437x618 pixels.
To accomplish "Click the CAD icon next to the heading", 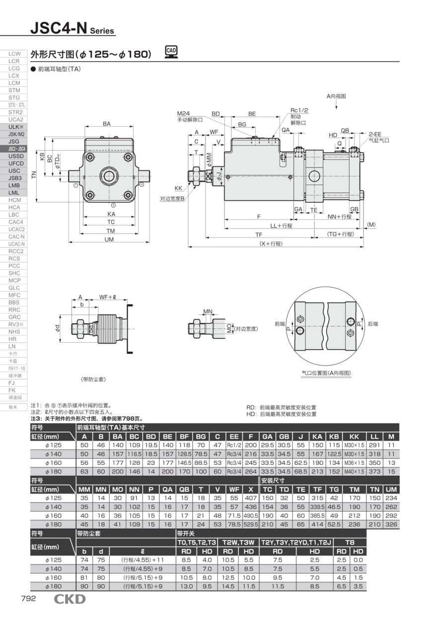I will [171, 52].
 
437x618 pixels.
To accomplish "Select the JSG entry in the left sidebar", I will [14, 142].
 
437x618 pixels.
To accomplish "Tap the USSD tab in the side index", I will [14, 156].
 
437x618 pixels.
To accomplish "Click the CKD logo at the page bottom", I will [70, 599].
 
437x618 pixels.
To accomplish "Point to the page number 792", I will [28, 599].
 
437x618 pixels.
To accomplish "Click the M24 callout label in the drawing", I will [184, 114].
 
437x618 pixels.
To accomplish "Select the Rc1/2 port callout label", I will [299, 110].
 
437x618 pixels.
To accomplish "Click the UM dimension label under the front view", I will [109, 239].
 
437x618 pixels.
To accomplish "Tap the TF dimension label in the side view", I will [259, 234].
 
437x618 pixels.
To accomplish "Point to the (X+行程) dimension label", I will [271, 243].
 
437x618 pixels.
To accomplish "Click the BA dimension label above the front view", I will [107, 124].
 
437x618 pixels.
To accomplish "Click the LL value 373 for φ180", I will [375, 471].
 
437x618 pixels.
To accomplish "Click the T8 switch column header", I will [350, 542].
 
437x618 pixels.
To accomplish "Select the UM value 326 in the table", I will [391, 524].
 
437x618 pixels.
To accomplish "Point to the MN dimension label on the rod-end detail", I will [208, 311].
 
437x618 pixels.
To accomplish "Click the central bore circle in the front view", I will [109, 175].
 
